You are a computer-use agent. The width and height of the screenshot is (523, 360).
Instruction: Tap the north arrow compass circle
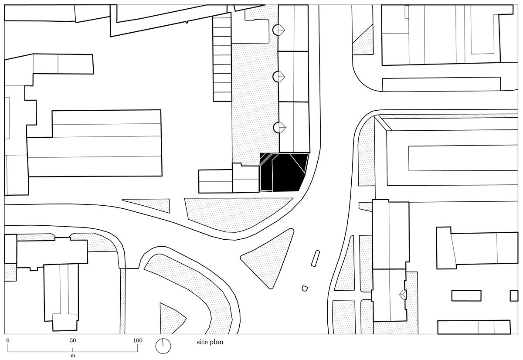(163, 346)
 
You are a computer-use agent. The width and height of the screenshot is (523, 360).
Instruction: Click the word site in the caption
(201, 342)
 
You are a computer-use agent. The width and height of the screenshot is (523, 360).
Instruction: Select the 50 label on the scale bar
(73, 340)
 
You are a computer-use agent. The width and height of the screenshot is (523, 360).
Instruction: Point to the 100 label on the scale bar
(138, 340)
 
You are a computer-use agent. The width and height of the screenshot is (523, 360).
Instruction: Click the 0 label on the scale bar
(8, 340)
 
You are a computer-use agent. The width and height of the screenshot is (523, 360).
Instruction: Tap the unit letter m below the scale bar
(73, 356)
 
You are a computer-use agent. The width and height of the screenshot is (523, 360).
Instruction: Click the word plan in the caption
(216, 343)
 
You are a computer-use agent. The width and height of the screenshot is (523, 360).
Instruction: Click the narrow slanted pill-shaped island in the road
(315, 258)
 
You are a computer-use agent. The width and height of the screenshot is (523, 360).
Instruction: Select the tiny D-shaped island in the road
(305, 289)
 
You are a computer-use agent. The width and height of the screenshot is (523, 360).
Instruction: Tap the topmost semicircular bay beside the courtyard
(279, 30)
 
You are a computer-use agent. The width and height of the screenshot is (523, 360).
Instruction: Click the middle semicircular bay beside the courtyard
(279, 77)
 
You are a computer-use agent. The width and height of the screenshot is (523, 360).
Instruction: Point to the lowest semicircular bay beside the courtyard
(279, 127)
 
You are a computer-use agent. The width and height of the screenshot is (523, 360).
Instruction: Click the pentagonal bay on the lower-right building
(403, 295)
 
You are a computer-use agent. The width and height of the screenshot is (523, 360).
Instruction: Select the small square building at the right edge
(514, 296)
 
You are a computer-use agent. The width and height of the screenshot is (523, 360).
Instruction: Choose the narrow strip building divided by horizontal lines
(222, 57)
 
